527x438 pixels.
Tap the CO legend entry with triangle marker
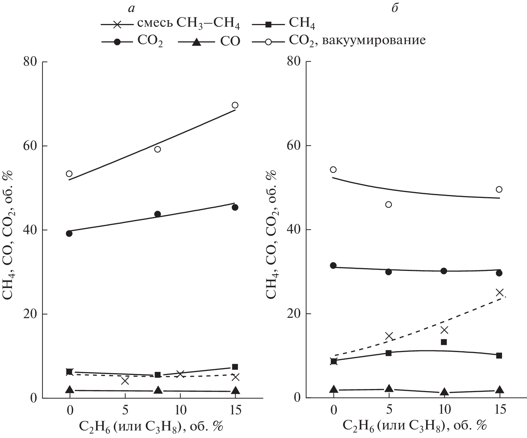[209, 41]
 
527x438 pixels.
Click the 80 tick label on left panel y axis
[31, 62]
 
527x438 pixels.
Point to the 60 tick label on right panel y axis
[294, 146]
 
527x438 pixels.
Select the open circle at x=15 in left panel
[235, 105]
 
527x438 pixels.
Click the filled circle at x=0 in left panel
[69, 234]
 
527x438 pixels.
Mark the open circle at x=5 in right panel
[388, 204]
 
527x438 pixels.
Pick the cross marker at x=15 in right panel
[500, 292]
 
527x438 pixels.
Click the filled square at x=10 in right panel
[444, 342]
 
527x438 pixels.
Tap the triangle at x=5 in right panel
[388, 388]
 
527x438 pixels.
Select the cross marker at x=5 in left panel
[125, 381]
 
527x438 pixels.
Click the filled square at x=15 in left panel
[235, 367]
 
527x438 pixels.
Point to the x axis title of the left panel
[151, 427]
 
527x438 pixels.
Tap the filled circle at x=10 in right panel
[444, 271]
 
